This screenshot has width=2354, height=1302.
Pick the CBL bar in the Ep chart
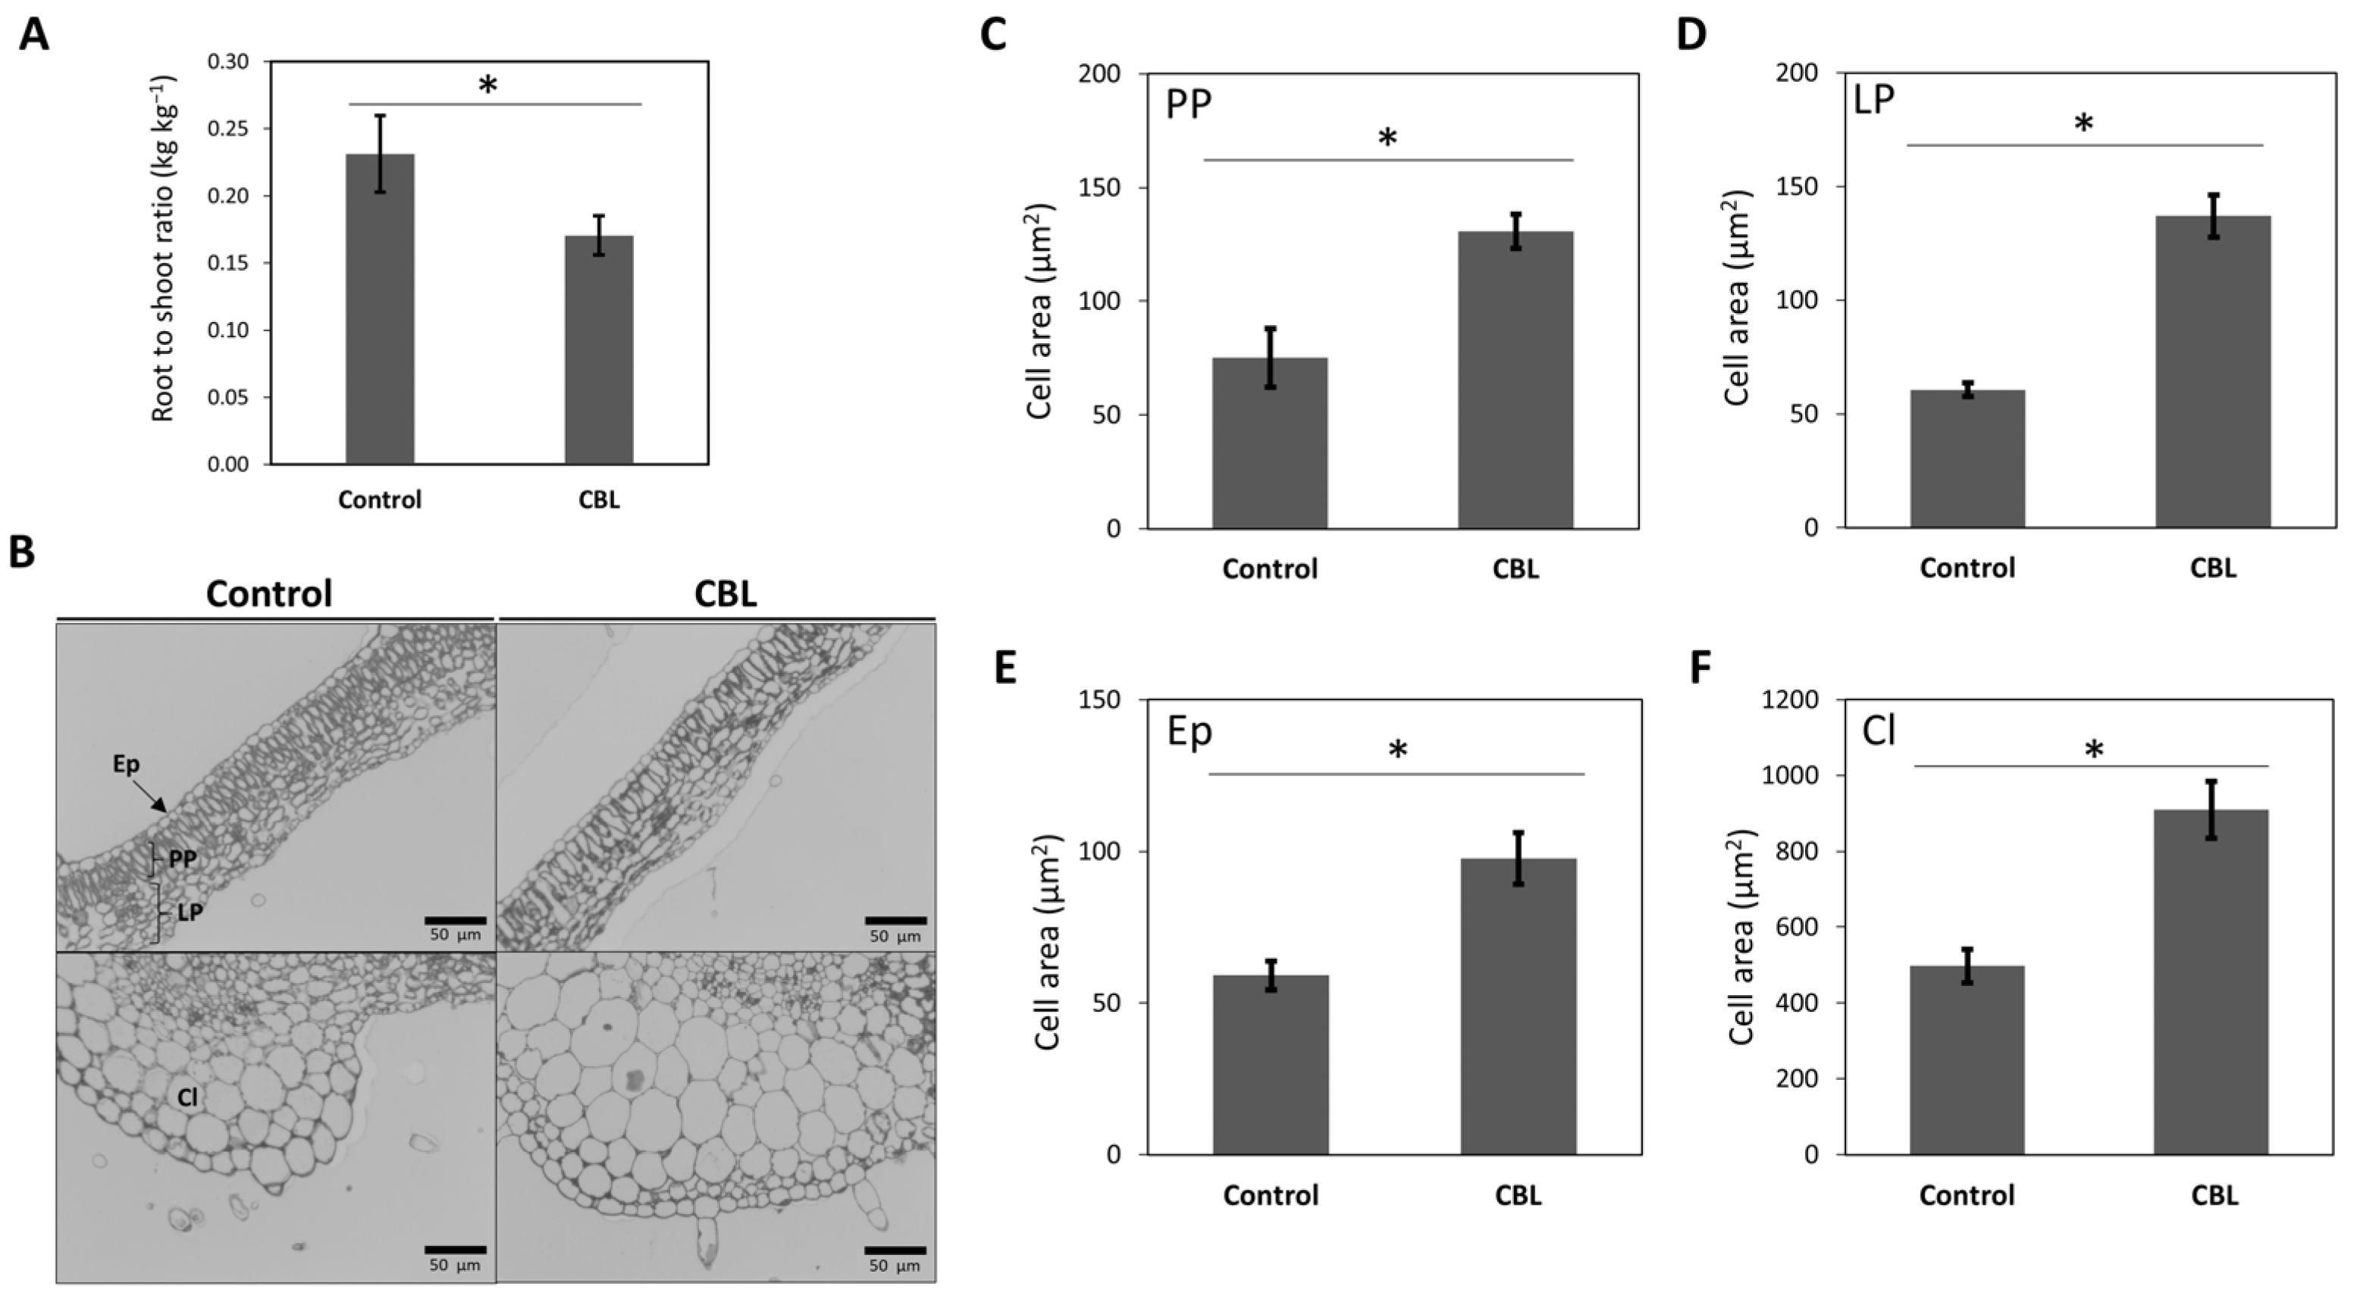(1518, 1006)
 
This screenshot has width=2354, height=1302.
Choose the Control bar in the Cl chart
(1967, 1060)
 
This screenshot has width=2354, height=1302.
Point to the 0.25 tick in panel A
(227, 129)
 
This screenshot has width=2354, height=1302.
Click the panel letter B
(22, 552)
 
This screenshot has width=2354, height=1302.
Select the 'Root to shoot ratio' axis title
(163, 249)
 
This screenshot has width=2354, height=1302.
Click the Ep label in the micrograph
(126, 764)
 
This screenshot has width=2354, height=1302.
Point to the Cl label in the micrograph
(187, 1097)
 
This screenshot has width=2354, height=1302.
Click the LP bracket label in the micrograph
(190, 912)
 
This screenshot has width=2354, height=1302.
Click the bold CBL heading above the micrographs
(726, 595)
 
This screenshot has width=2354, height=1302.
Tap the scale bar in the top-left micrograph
(455, 920)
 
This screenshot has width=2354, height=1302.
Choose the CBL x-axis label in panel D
(2212, 568)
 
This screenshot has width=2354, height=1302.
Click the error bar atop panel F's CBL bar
(2211, 809)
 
